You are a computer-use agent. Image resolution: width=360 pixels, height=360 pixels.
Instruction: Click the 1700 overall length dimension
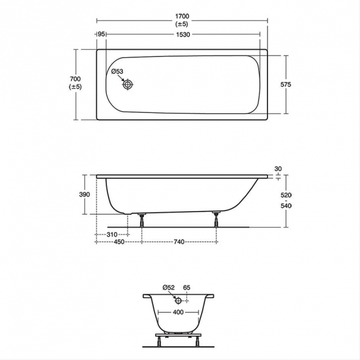tap(182, 16)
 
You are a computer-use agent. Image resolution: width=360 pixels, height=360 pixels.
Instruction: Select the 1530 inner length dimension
tap(183, 34)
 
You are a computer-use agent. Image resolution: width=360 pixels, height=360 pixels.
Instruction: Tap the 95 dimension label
tap(101, 34)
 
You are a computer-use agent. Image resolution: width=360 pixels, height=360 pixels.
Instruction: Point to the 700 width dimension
tap(75, 79)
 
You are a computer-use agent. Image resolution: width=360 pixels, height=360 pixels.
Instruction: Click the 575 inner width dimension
tap(286, 85)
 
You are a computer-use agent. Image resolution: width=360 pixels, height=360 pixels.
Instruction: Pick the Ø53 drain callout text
tap(117, 71)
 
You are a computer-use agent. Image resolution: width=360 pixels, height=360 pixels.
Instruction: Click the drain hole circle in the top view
tap(127, 85)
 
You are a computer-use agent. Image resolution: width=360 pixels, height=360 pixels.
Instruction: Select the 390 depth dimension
tap(85, 194)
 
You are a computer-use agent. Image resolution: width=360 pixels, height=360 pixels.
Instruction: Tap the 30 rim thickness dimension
tap(278, 169)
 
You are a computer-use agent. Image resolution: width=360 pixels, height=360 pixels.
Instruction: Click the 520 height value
tap(286, 195)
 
